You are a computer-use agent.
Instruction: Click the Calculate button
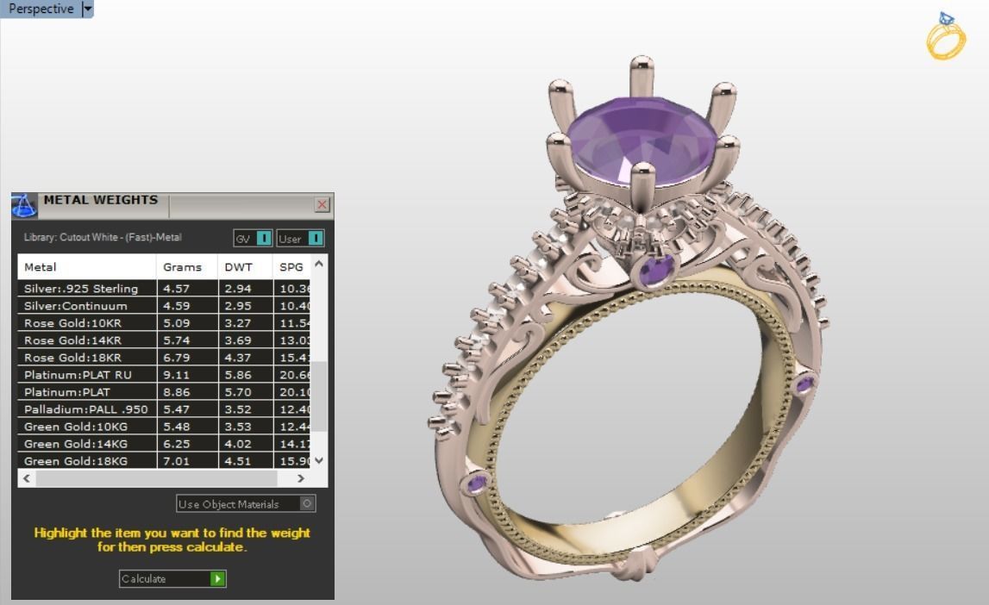(x=172, y=579)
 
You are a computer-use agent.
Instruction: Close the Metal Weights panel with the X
(x=322, y=204)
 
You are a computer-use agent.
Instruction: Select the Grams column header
(x=182, y=267)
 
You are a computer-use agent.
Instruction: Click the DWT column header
(x=238, y=267)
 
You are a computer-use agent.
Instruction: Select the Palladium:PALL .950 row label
(x=85, y=409)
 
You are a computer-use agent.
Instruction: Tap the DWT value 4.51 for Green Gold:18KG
(x=238, y=461)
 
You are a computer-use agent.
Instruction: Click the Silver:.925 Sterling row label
(x=81, y=289)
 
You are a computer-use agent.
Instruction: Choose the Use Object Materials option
(x=246, y=504)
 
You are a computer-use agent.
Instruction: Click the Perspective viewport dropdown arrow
(x=86, y=9)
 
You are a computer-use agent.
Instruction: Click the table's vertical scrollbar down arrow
(x=319, y=460)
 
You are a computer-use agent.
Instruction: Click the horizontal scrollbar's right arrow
(x=300, y=478)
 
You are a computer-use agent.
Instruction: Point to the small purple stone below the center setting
(x=656, y=271)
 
